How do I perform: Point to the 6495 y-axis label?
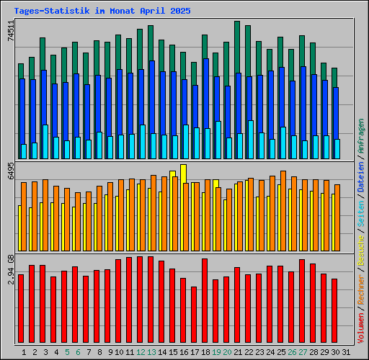tap(11, 171)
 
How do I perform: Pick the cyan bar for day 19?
tap(218, 140)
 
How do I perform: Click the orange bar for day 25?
tap(283, 210)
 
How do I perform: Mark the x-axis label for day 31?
tap(346, 351)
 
